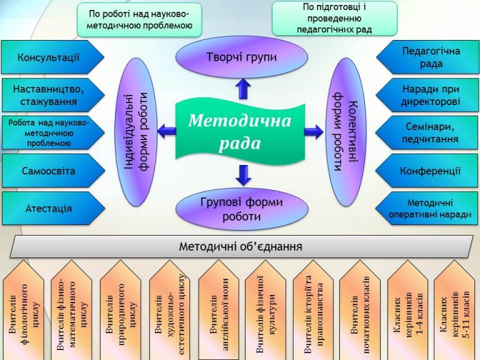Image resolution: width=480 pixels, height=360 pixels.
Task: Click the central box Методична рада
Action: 240,131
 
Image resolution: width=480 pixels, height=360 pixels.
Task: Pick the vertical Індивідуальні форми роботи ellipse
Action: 136,132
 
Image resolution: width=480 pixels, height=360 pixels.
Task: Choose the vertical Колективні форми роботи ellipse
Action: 346,132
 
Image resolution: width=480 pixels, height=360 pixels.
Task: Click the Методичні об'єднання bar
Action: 240,246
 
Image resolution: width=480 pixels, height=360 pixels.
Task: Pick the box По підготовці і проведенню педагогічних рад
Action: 334,18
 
